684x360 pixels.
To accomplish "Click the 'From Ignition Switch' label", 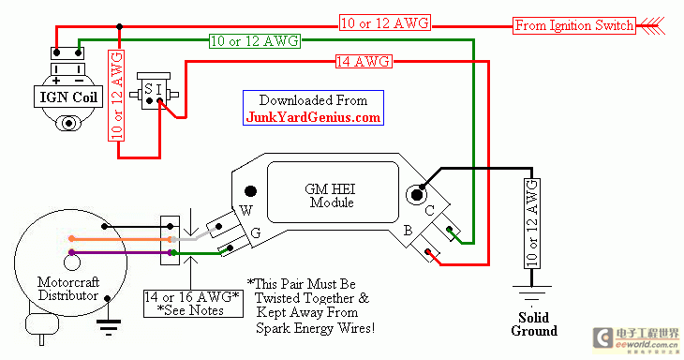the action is pyautogui.click(x=574, y=25).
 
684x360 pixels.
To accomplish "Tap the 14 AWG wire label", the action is pyautogui.click(x=364, y=62).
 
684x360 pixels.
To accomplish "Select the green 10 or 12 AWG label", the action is pyautogui.click(x=255, y=41).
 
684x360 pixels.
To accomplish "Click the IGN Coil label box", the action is pyautogui.click(x=68, y=97).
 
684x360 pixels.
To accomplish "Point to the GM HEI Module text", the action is pyautogui.click(x=330, y=196).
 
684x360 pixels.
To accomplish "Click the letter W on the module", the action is pyautogui.click(x=246, y=211).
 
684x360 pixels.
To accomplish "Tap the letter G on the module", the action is pyautogui.click(x=256, y=233).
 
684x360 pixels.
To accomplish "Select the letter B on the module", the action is pyautogui.click(x=408, y=231).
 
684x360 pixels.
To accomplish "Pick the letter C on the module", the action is pyautogui.click(x=430, y=211).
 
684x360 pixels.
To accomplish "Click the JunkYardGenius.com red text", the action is pyautogui.click(x=313, y=117).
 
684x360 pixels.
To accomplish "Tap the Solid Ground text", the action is pyautogui.click(x=534, y=323).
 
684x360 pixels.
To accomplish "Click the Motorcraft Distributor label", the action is pyautogui.click(x=68, y=289).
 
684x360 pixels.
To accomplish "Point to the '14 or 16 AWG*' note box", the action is pyautogui.click(x=193, y=304).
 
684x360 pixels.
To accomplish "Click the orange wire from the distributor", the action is pyautogui.click(x=120, y=239).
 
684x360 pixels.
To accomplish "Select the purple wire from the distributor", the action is pyautogui.click(x=120, y=252).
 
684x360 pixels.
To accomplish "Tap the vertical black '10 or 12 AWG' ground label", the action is pyautogui.click(x=532, y=223).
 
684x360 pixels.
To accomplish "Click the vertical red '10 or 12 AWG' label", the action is pyautogui.click(x=116, y=95).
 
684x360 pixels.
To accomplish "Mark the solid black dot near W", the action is pyautogui.click(x=250, y=191).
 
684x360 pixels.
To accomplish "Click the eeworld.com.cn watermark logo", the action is pyautogui.click(x=635, y=339).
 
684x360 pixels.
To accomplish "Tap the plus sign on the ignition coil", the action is pyautogui.click(x=56, y=81).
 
